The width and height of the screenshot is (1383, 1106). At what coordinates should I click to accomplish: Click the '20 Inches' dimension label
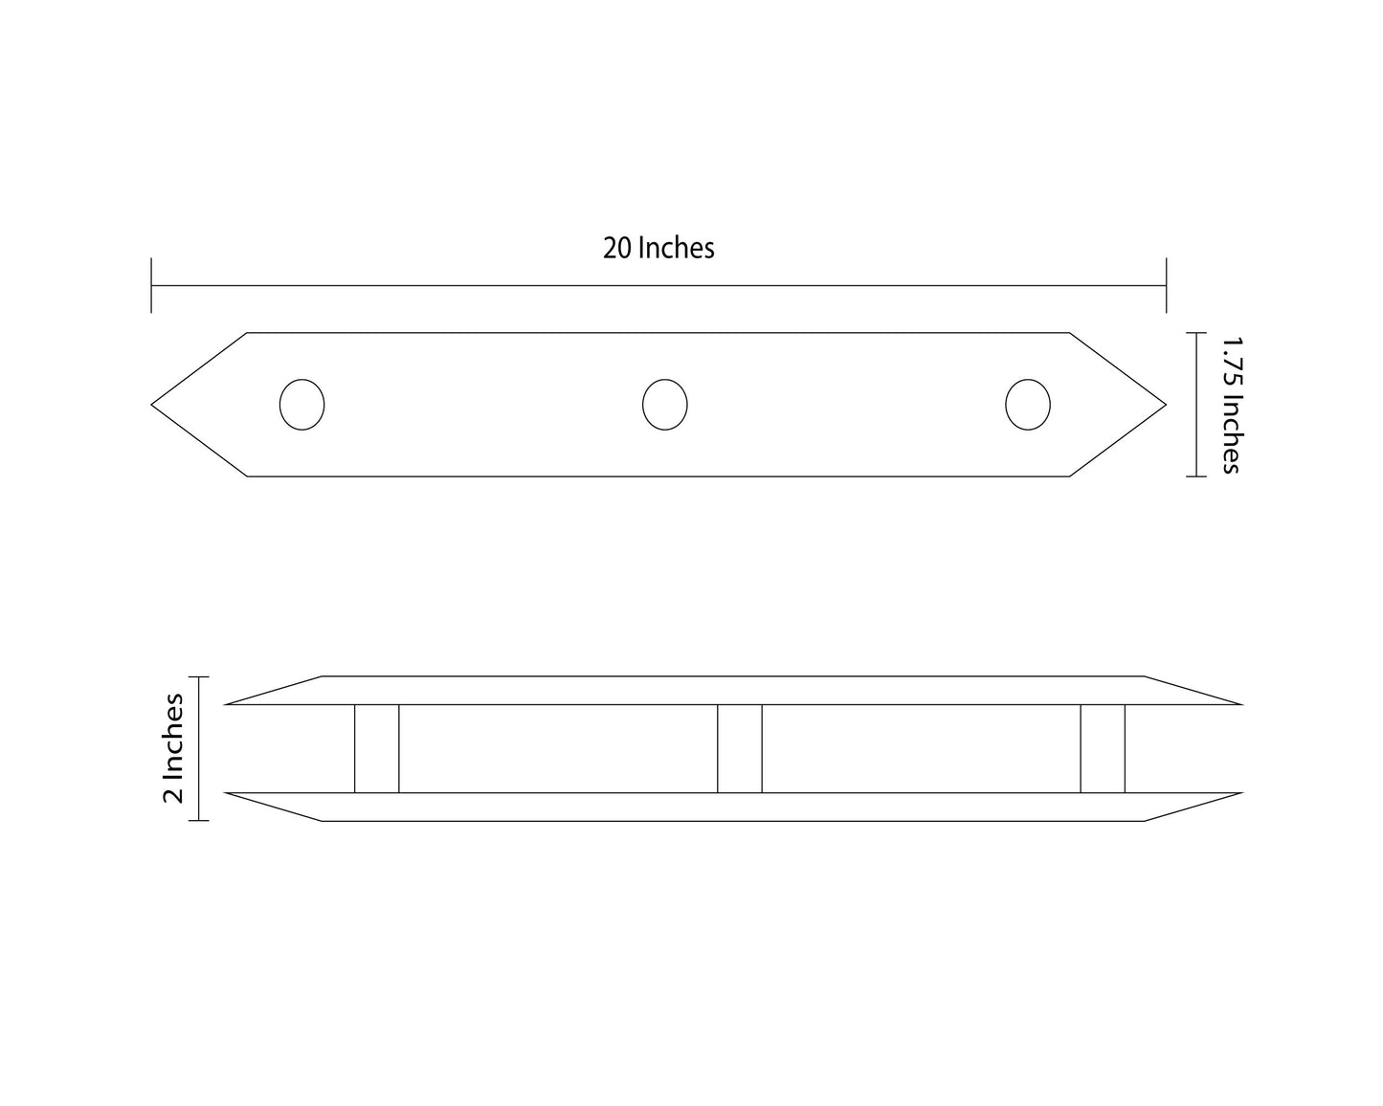[x=658, y=249]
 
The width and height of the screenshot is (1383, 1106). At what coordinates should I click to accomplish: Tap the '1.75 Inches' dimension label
[x=1231, y=405]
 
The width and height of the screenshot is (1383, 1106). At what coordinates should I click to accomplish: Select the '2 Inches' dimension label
[x=173, y=748]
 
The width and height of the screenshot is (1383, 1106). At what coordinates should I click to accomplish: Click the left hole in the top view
[x=302, y=405]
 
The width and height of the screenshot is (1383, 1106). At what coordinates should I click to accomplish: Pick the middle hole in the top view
[x=664, y=405]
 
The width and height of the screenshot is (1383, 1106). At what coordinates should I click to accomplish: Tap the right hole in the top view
[x=1028, y=405]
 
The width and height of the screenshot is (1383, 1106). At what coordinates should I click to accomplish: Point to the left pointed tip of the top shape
[x=151, y=405]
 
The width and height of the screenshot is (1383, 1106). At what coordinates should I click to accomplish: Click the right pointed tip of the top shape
[x=1166, y=405]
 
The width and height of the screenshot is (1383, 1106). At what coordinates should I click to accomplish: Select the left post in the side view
[x=376, y=749]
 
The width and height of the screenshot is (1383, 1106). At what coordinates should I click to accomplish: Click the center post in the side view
[x=740, y=749]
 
